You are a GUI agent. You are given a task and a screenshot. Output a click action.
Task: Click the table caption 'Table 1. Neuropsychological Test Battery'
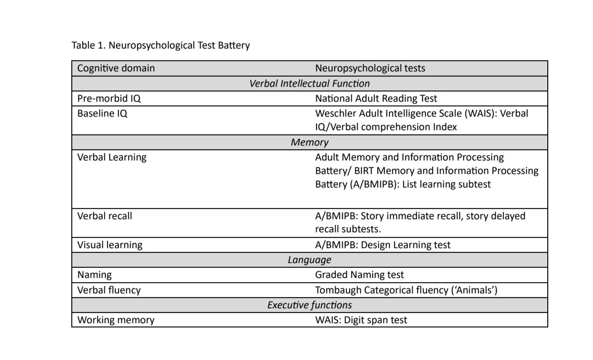point(160,45)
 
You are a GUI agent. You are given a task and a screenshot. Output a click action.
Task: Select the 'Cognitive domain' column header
point(116,68)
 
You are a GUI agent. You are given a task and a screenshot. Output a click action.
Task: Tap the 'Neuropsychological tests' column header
point(370,68)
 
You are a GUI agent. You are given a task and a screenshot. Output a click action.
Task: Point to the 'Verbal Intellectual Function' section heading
point(309,83)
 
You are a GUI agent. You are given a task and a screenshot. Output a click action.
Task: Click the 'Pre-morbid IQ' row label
point(109,98)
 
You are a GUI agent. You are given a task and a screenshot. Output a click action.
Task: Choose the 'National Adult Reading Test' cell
point(376,98)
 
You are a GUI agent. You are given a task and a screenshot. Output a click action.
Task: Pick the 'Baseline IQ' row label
point(102,113)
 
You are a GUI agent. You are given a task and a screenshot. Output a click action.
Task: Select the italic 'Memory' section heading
point(309,142)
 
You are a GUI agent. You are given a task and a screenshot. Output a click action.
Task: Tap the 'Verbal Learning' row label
point(111,157)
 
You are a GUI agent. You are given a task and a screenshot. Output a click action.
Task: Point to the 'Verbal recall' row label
point(104,216)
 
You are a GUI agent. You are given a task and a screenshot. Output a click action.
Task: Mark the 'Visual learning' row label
point(110,245)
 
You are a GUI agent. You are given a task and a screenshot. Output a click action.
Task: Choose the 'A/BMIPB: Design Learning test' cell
point(382,245)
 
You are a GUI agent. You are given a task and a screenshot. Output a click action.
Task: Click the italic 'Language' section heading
point(309,260)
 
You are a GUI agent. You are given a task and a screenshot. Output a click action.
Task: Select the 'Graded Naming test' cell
point(359,275)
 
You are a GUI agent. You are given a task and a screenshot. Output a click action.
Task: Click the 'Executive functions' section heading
point(309,305)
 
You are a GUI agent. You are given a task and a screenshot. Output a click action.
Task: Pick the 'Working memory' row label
point(116,320)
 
